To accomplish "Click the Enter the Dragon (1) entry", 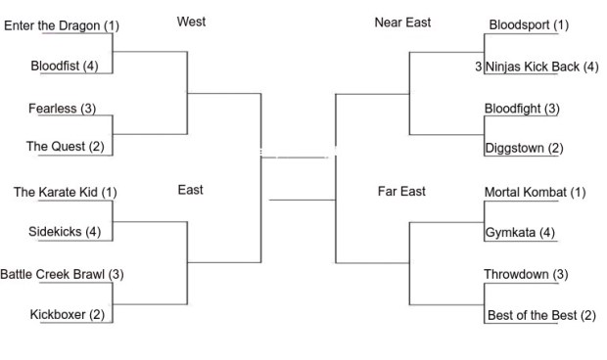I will tap(62, 25).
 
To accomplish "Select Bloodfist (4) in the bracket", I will tap(64, 67).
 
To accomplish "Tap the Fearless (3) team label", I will tap(62, 109).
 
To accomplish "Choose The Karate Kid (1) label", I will tap(65, 192).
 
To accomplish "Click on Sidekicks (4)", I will tap(65, 232).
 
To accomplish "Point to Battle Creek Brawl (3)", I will tap(62, 274).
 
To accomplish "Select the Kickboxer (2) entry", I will tap(67, 314).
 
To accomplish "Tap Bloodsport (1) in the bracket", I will tap(527, 25).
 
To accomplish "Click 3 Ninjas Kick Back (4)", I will tap(536, 67).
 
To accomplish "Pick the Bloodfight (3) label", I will tap(522, 109).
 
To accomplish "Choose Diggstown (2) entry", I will tap(524, 149).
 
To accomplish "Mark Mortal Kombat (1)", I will tap(535, 192).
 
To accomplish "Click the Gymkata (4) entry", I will tap(520, 233).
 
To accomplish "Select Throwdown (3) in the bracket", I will tap(526, 274).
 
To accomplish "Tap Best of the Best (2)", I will tap(540, 315).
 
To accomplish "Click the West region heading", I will tap(191, 22).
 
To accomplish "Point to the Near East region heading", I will tap(402, 22).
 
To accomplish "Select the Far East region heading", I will tap(401, 191).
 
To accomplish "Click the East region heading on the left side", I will tap(191, 190).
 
